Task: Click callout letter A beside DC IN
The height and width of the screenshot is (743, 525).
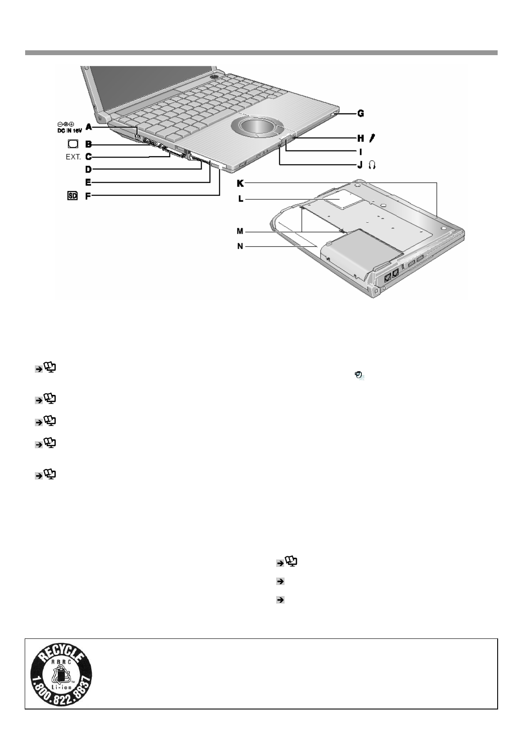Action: pos(89,127)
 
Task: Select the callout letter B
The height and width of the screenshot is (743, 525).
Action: pos(88,144)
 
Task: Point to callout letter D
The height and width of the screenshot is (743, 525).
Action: pos(88,169)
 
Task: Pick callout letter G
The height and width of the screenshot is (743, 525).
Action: pos(360,113)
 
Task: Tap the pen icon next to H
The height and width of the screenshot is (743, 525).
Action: pos(373,138)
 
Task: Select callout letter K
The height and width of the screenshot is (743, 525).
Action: pos(240,183)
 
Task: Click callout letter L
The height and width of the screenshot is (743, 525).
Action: pos(240,199)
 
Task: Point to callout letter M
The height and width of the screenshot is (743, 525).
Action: pos(240,231)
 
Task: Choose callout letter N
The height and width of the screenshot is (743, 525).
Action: pos(240,246)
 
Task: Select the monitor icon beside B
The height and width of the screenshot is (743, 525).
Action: pos(73,144)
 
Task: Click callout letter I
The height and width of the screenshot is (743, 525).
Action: pos(360,152)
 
